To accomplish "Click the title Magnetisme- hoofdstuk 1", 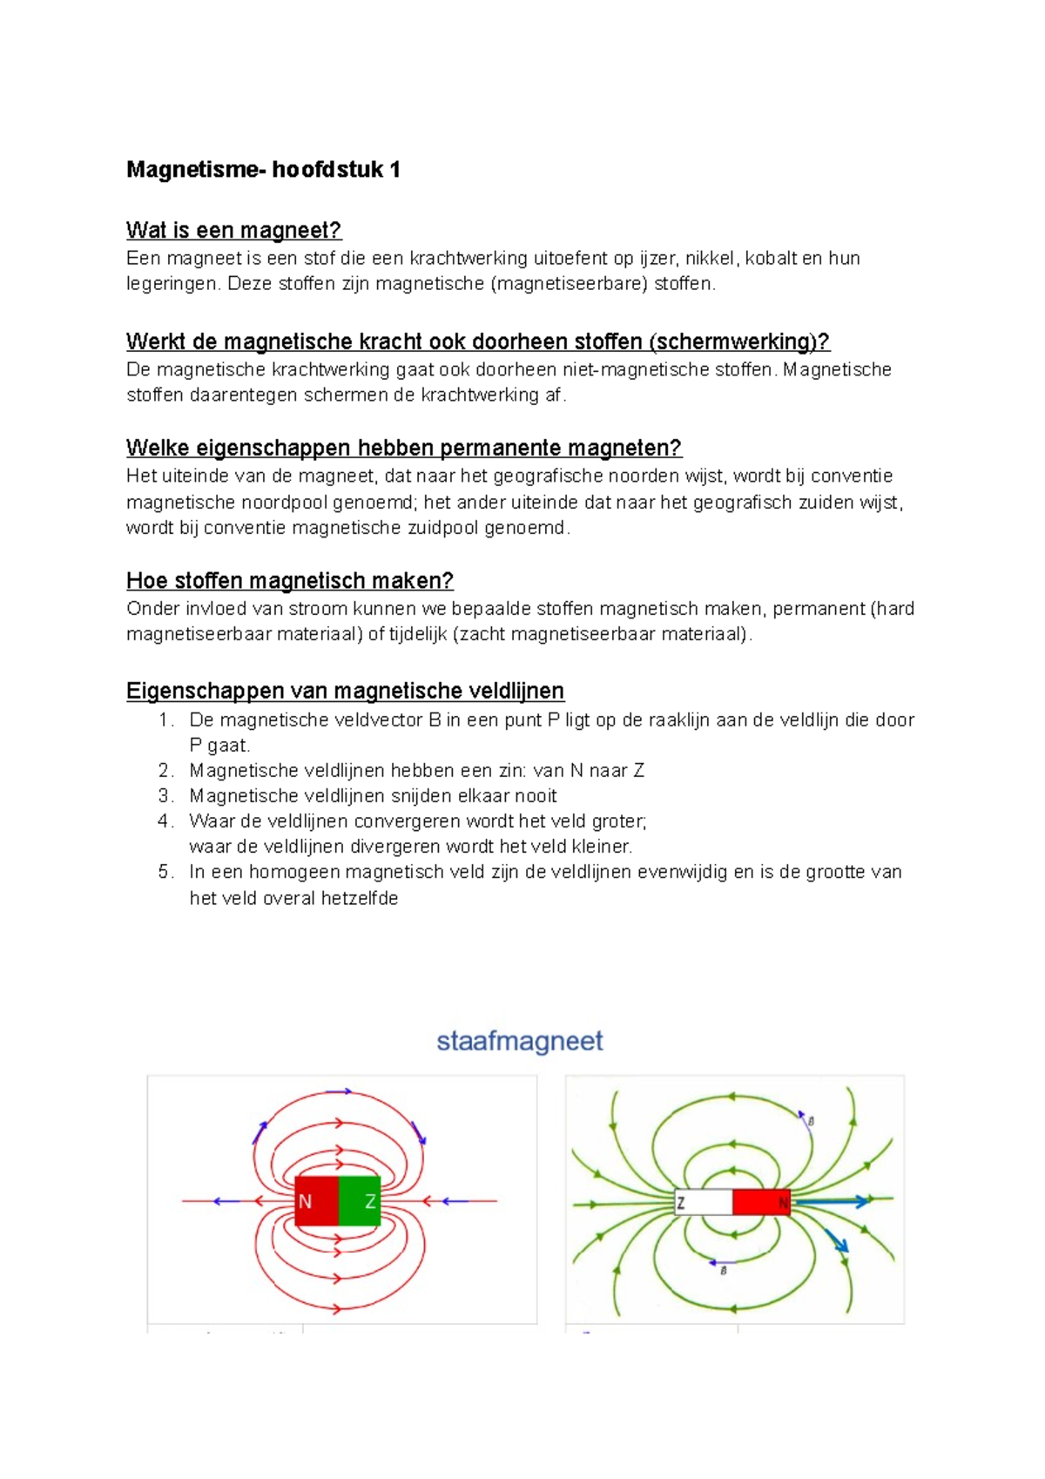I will pos(263,169).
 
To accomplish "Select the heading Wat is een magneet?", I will pos(233,230).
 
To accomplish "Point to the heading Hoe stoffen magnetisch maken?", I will pos(289,580).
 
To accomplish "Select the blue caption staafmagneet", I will pos(520,1041).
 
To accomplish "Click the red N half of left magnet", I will pos(315,1201).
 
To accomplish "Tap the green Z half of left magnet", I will pos(360,1201).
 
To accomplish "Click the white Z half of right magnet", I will pos(704,1203).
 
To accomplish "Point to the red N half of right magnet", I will pos(760,1203).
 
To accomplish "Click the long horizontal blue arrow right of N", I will pos(832,1202).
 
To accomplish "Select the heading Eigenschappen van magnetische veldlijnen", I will pos(345,691).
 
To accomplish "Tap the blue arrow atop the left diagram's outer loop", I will pos(338,1091).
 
